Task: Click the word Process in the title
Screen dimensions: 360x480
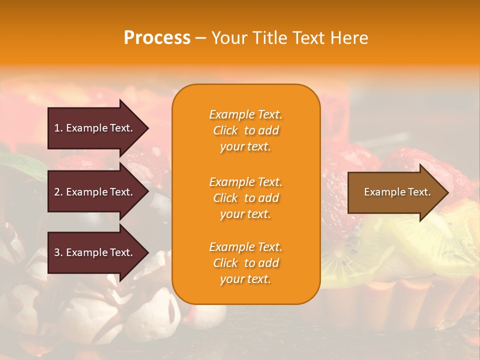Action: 157,38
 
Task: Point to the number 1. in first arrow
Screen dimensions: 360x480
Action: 58,128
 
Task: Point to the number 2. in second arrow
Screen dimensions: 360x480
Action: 58,192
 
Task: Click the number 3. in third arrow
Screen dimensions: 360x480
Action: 58,252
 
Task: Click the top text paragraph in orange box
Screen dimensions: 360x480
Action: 245,130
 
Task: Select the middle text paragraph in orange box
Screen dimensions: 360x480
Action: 245,198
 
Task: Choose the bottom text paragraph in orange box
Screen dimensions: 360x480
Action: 245,263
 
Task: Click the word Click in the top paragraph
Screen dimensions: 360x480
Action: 225,130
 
